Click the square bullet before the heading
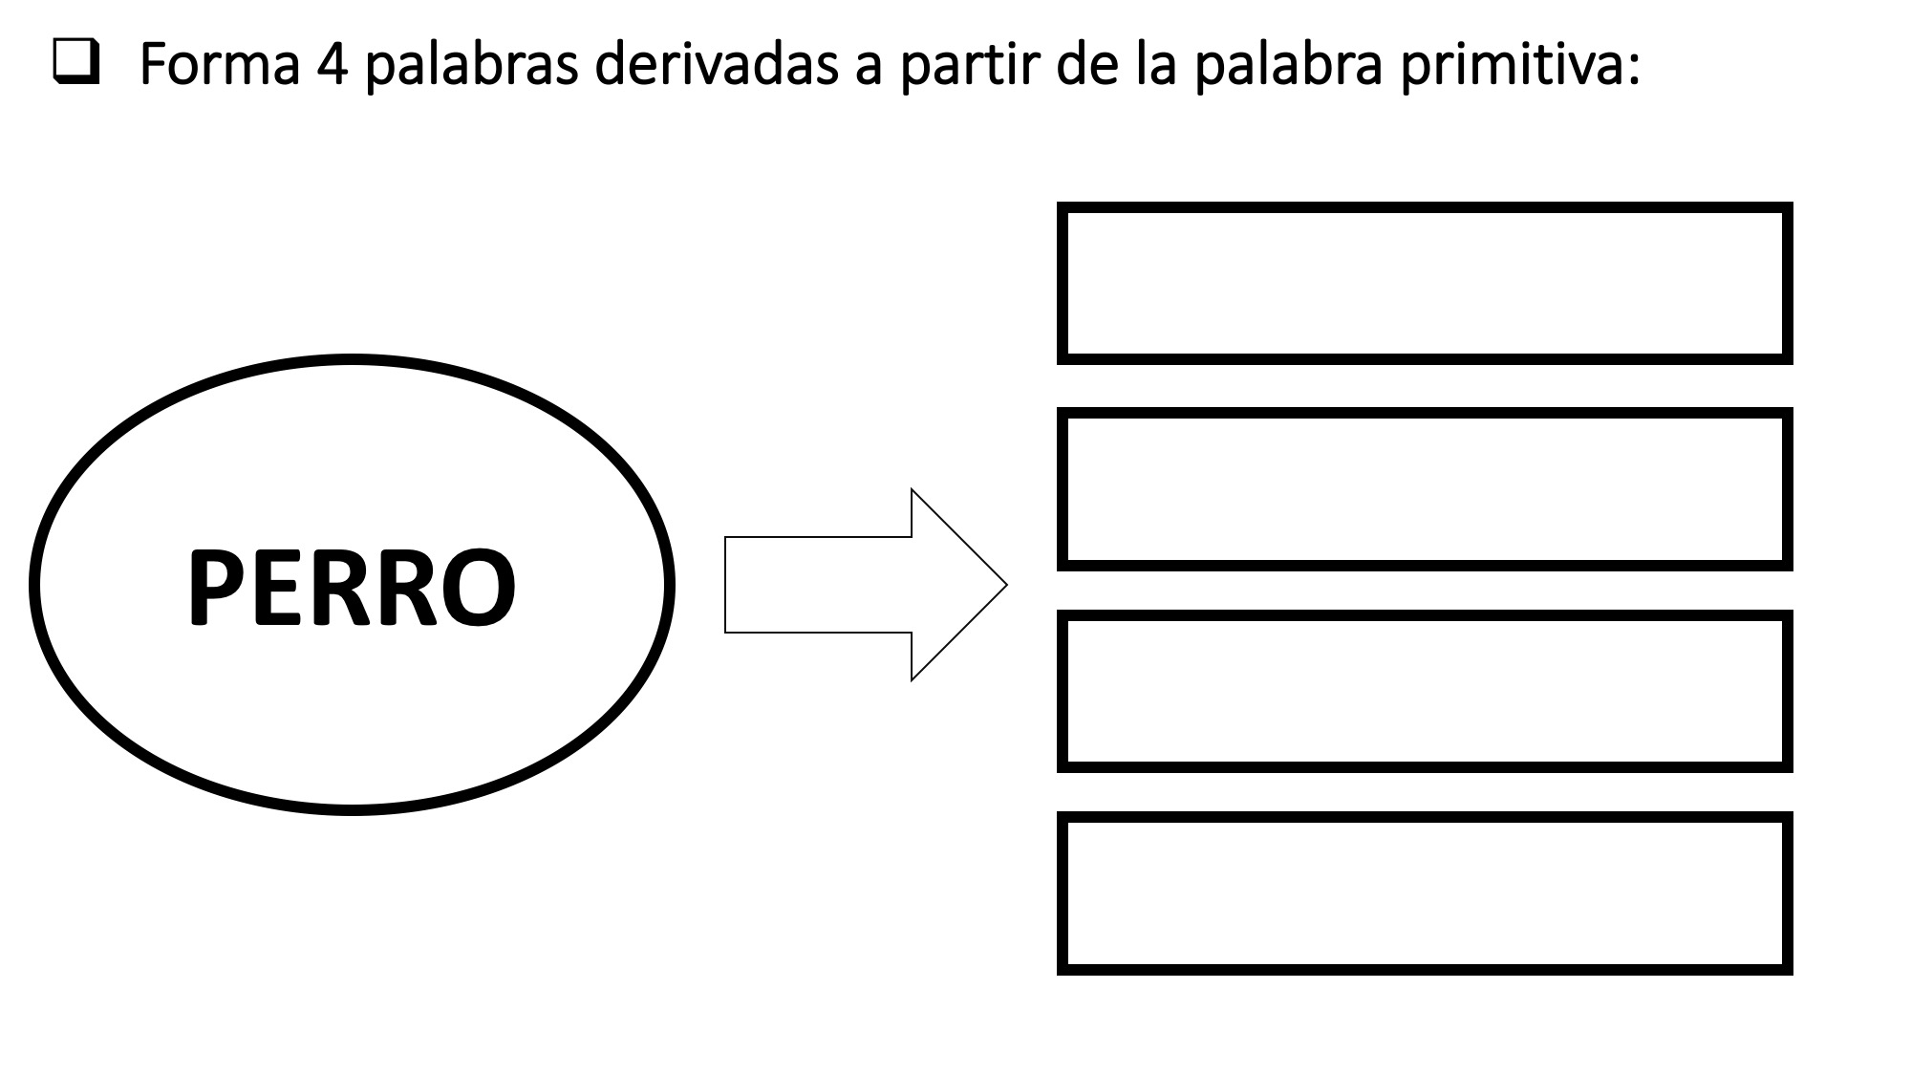77,65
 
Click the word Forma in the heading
219,64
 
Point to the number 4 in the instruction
331,65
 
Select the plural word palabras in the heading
471,67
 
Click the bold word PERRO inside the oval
352,587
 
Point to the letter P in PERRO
217,587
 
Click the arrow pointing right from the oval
866,585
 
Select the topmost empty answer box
1425,206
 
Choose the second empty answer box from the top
1425,413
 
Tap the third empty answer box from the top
1425,615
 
